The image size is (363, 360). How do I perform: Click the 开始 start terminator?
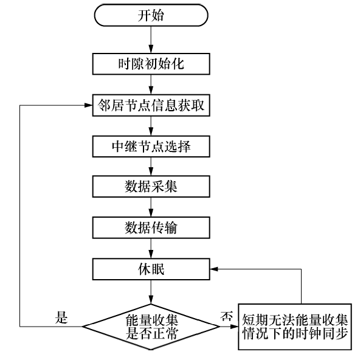tap(151, 15)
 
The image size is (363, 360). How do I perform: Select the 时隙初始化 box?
tap(151, 64)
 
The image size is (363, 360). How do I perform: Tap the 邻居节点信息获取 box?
tap(151, 105)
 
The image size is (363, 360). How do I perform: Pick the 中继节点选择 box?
tap(151, 147)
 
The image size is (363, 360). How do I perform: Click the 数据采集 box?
tap(151, 187)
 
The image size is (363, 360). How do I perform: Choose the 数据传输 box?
tap(151, 228)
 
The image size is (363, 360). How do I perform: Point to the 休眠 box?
tap(151, 269)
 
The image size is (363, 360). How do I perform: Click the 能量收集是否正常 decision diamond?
tap(151, 327)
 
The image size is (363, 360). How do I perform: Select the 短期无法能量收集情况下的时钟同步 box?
tap(295, 327)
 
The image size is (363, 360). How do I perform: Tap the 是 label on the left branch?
tap(61, 317)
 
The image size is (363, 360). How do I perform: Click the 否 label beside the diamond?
tap(227, 316)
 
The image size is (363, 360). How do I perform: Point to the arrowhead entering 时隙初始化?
tap(151, 49)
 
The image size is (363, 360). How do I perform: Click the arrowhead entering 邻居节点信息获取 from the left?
tap(89, 105)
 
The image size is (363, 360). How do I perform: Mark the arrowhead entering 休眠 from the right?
tap(214, 269)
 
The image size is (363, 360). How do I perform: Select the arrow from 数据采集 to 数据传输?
tap(151, 207)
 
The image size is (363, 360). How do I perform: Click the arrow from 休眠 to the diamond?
tap(151, 292)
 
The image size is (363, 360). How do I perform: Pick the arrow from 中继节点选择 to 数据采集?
tap(151, 167)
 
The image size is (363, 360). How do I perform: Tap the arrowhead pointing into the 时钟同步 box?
tap(234, 327)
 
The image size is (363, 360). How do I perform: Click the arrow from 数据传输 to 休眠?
tap(151, 249)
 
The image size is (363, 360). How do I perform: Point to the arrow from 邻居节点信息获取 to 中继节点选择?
tap(151, 126)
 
